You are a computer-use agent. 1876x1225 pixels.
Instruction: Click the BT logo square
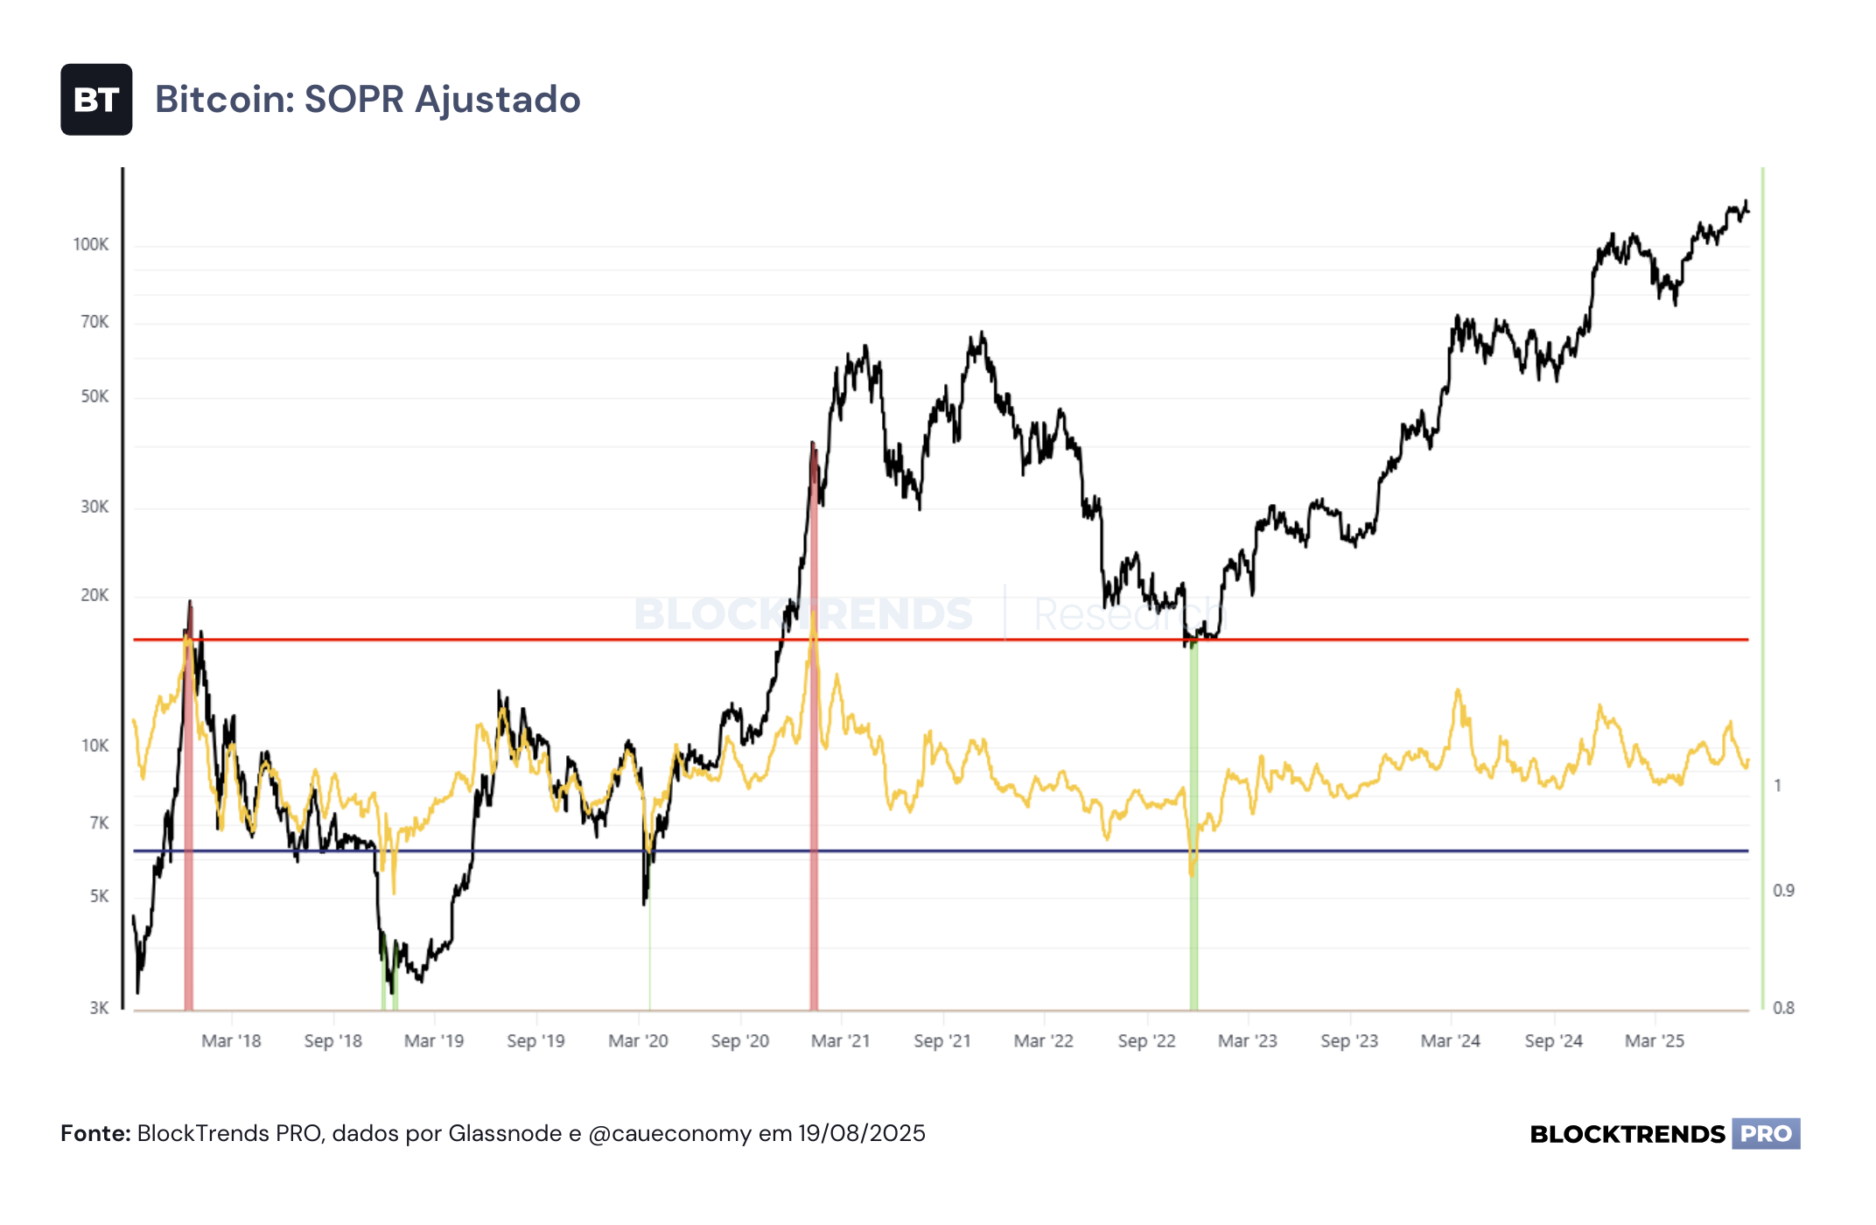click(x=96, y=100)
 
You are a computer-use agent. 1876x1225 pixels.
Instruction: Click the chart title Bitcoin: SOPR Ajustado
click(x=367, y=100)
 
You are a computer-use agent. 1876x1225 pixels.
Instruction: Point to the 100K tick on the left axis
click(x=91, y=245)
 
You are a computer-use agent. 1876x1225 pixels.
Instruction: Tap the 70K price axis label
click(x=94, y=322)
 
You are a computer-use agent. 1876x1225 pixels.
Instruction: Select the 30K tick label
click(x=94, y=507)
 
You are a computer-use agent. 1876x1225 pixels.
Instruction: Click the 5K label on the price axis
click(x=99, y=897)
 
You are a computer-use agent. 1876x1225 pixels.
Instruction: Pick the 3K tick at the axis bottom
click(x=99, y=1008)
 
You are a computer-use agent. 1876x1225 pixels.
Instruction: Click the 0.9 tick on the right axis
click(x=1783, y=891)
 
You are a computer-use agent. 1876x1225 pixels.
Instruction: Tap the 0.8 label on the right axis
click(x=1783, y=1008)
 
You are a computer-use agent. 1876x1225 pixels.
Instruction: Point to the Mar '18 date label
click(x=231, y=1041)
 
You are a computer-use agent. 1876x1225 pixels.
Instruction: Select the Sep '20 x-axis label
click(x=740, y=1041)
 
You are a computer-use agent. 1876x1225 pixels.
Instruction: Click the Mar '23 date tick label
click(x=1248, y=1041)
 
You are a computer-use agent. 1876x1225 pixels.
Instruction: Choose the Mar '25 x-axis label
click(x=1655, y=1041)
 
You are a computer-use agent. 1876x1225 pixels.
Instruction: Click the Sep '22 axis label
click(x=1146, y=1041)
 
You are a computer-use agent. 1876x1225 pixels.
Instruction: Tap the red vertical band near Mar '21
click(x=814, y=726)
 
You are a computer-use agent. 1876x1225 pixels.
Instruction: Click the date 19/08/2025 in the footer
click(x=861, y=1134)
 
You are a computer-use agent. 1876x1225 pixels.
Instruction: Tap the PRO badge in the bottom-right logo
click(x=1766, y=1134)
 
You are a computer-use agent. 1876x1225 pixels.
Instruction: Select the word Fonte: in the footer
click(x=95, y=1134)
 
